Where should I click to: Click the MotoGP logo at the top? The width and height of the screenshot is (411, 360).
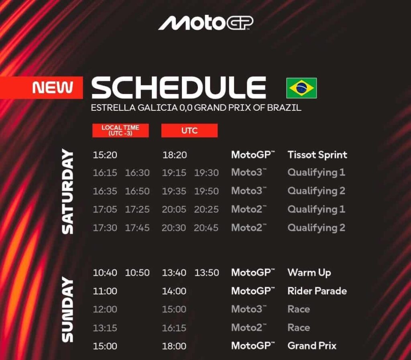click(206, 23)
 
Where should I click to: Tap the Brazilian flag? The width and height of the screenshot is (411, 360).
click(301, 88)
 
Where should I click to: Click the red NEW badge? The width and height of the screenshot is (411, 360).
click(41, 87)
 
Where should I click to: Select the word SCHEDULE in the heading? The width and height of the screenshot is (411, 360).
click(179, 87)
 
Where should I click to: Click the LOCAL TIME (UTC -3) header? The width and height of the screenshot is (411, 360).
click(120, 130)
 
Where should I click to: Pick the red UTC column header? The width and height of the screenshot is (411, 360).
click(189, 130)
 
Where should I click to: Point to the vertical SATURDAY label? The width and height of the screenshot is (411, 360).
click(67, 191)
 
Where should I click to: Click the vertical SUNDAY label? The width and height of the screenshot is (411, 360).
click(67, 309)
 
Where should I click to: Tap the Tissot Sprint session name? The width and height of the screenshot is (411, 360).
click(317, 155)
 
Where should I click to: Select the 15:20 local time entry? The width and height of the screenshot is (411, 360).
click(105, 155)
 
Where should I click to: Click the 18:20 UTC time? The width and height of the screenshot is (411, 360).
click(175, 155)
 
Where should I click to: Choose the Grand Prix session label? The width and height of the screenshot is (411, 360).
click(312, 346)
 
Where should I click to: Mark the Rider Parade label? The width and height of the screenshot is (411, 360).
click(317, 291)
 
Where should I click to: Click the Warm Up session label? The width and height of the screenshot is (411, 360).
click(309, 273)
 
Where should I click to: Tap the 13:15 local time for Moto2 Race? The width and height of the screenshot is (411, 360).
click(105, 328)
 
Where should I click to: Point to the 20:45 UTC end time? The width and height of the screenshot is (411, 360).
click(206, 228)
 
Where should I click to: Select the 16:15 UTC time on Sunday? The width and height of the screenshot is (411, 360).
click(174, 328)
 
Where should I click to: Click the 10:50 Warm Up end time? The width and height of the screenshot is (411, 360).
click(137, 273)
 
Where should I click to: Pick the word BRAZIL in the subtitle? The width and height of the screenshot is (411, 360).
click(284, 108)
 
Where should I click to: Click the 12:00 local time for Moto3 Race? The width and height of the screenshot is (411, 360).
click(105, 309)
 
